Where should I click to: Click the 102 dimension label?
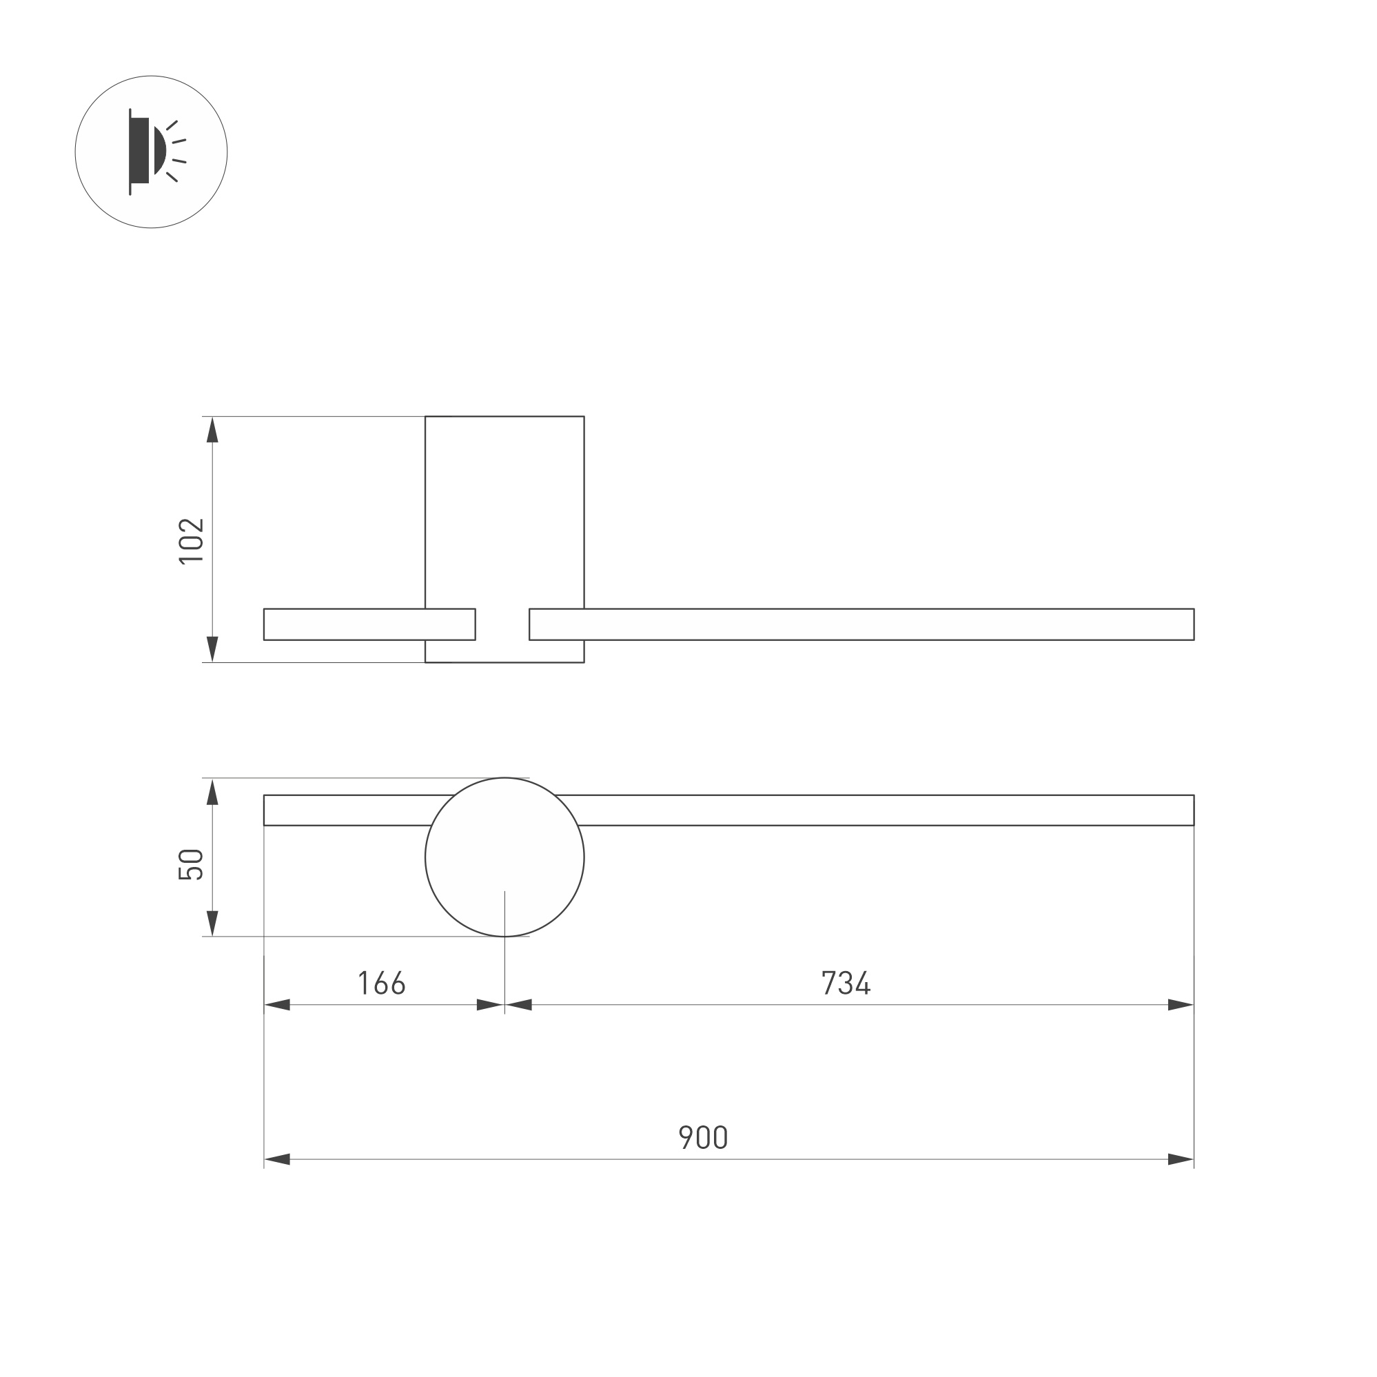[191, 540]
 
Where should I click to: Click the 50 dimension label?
[191, 864]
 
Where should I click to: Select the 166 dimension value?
[381, 983]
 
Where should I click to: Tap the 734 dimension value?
[846, 983]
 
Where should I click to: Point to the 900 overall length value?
[703, 1138]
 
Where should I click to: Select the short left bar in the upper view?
[342, 624]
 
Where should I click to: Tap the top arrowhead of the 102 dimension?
[212, 430]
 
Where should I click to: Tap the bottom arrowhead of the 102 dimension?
[212, 649]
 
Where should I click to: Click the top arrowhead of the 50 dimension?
[212, 792]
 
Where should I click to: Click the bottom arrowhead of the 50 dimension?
[212, 923]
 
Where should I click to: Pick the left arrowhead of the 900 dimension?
[277, 1160]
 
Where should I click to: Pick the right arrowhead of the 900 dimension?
[1181, 1160]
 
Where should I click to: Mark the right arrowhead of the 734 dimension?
[1181, 1005]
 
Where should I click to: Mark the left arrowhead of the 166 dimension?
[277, 1005]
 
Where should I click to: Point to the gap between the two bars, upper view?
[502, 624]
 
